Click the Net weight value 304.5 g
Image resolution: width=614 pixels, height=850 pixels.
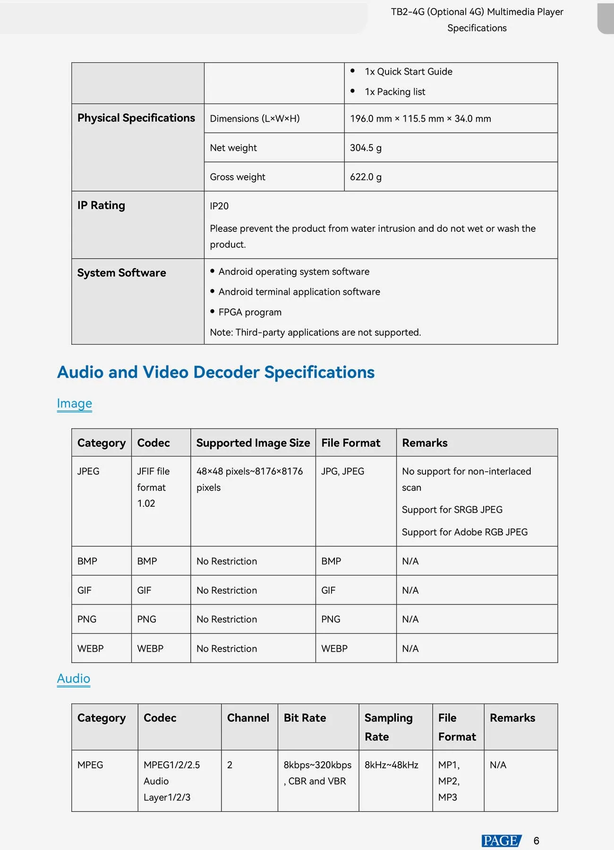pos(366,148)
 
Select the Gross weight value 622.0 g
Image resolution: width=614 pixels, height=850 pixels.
pos(366,177)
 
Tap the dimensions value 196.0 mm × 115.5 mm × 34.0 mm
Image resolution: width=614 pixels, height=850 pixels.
pos(420,119)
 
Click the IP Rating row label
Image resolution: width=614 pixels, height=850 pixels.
pos(101,205)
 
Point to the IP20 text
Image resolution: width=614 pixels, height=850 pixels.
pos(219,206)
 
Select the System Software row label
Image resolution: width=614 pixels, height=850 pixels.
pos(121,273)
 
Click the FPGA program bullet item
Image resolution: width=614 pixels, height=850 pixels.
pos(250,312)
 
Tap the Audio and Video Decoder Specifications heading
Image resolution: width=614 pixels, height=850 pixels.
pos(216,372)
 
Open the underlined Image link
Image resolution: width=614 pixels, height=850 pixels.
pos(74,403)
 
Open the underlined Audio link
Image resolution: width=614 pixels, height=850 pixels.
pos(73,679)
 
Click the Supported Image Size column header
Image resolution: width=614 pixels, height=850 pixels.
pos(253,443)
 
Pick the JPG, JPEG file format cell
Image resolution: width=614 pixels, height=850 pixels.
pos(342,471)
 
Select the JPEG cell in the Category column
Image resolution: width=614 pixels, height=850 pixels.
pos(88,471)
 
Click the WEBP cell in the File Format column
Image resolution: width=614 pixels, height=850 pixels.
pos(334,649)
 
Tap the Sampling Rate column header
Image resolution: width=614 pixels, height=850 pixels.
pos(388,727)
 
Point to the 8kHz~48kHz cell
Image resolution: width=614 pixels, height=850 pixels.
pos(391,765)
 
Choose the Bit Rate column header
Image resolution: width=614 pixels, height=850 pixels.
pos(305,718)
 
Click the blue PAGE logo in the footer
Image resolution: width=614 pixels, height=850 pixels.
pos(501,841)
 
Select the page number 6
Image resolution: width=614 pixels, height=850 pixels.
pos(536,841)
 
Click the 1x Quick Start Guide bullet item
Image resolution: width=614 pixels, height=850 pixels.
pos(408,72)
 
